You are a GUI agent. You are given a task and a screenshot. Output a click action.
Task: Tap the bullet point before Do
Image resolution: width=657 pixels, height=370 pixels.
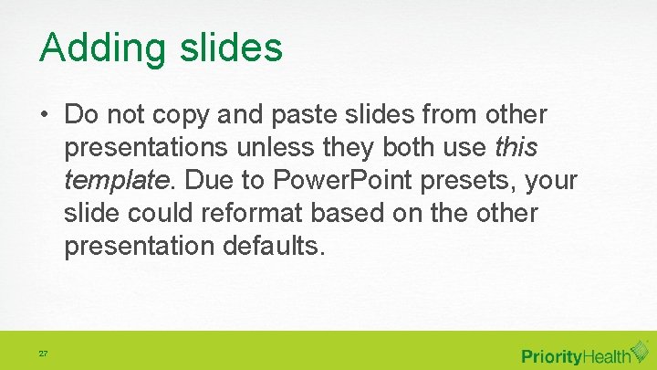point(45,116)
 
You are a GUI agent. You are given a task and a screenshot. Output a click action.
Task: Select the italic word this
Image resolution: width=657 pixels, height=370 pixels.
point(516,148)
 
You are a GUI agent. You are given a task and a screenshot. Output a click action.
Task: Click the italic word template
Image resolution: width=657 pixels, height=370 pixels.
point(117,181)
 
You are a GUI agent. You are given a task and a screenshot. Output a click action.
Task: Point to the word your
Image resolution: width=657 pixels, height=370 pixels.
point(553,181)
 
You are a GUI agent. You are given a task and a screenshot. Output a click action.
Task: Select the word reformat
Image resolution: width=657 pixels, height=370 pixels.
point(255,213)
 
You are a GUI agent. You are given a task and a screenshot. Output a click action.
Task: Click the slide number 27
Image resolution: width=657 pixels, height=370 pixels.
point(43,353)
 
